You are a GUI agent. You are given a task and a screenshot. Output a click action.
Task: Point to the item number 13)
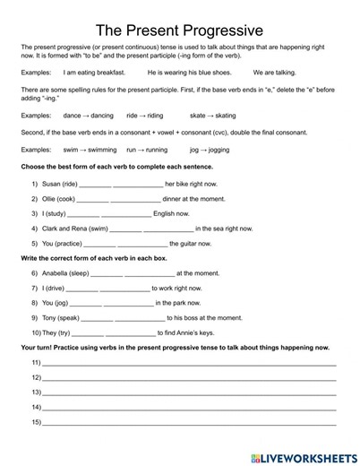[x=37, y=393]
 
